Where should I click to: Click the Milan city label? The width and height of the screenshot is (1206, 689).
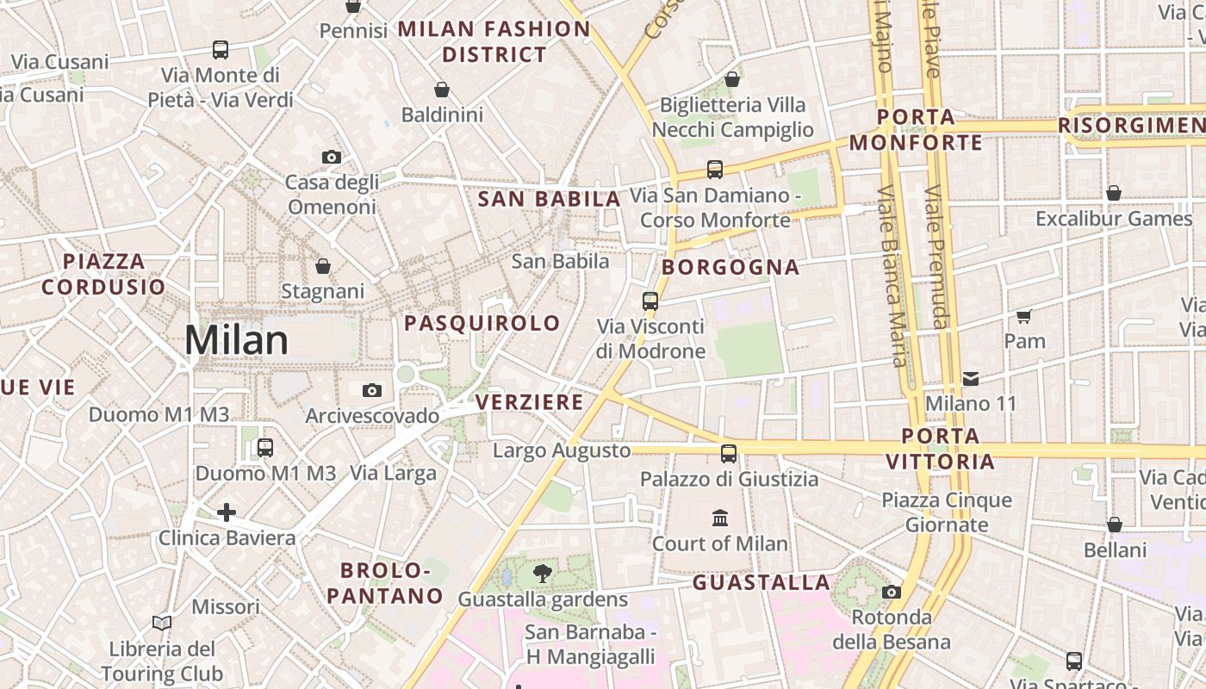pos(236,340)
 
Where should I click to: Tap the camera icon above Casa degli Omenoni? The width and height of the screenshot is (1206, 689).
pos(331,157)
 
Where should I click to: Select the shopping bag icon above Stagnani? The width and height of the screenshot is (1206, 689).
pos(323,266)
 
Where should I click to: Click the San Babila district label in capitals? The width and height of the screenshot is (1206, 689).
pos(549,199)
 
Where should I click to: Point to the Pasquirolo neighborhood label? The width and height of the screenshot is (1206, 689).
pos(482,323)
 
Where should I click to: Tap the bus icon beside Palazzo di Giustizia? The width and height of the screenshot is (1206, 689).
pos(729,453)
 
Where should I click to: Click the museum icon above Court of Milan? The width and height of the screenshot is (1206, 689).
pos(720,518)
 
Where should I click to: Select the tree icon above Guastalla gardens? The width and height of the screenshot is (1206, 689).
pos(543,573)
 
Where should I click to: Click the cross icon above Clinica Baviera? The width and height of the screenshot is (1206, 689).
pos(227,513)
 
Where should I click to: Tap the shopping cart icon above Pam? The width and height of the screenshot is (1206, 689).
pos(1024,316)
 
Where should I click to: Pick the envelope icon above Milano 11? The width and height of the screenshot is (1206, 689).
pos(971,378)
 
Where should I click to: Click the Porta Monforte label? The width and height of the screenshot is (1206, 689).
pos(916,129)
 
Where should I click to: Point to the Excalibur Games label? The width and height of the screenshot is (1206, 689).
pos(1114,219)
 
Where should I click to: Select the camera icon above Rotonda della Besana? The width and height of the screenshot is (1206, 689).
pos(892,592)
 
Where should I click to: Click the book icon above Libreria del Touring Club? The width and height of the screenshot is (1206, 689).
pos(162,623)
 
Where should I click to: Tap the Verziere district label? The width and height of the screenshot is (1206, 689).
pos(529,402)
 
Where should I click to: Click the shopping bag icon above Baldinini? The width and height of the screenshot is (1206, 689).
pos(442,90)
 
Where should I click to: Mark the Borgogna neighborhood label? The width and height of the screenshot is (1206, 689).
pos(730,267)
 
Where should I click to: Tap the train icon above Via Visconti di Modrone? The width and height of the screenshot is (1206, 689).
pos(650,301)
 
